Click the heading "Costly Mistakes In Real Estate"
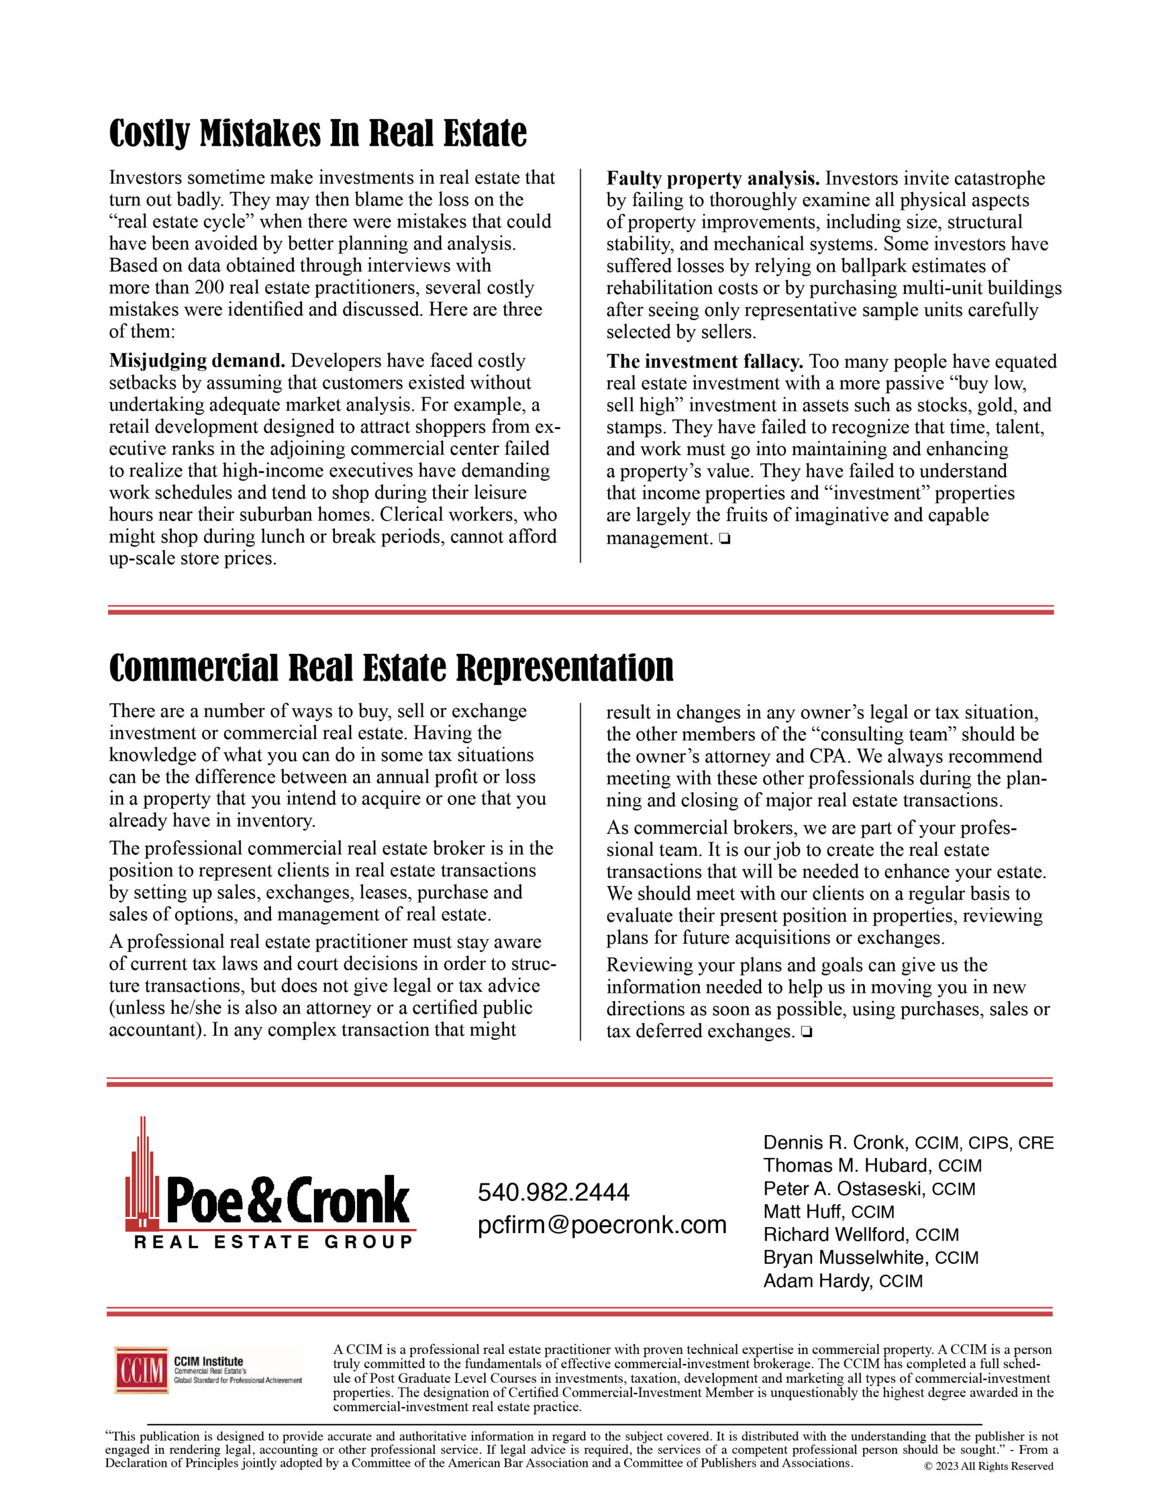click(x=317, y=133)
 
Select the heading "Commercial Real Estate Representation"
click(x=391, y=667)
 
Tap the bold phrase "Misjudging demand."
click(x=197, y=361)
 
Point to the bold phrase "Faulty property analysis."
click(x=713, y=178)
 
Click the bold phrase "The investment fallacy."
click(x=704, y=362)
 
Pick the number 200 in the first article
click(x=208, y=288)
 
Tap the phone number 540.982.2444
click(x=553, y=1192)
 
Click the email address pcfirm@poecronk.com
click(x=602, y=1225)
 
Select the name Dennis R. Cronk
click(x=834, y=1142)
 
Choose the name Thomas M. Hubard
click(x=847, y=1166)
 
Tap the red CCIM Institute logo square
click(x=142, y=1370)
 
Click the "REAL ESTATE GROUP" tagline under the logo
click(x=273, y=1242)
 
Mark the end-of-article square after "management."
click(x=725, y=538)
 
